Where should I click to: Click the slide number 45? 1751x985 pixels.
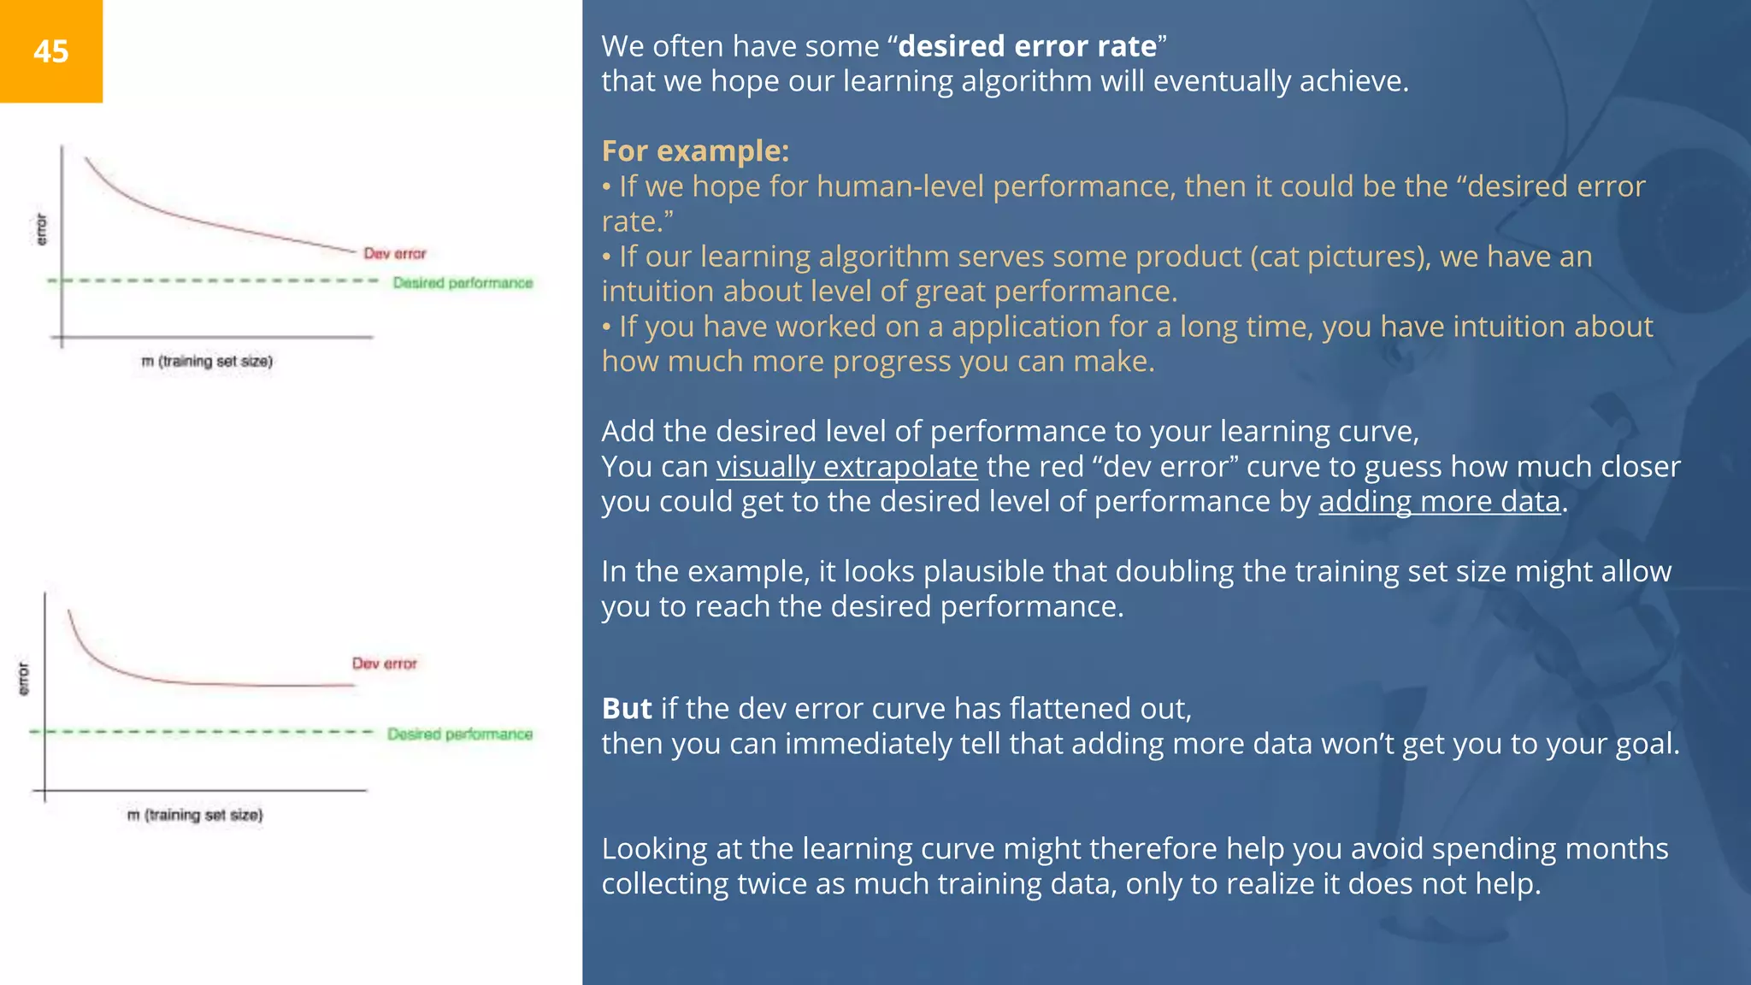click(51, 51)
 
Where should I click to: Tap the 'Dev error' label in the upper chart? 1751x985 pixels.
click(394, 253)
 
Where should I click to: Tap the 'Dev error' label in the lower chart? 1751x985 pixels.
click(384, 664)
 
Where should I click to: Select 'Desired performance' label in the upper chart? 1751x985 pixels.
click(463, 283)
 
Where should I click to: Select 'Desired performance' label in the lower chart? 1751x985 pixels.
click(459, 734)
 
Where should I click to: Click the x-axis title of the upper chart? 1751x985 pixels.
click(207, 362)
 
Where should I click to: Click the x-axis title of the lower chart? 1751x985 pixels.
click(195, 815)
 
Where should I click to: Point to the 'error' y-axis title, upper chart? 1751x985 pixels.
click(41, 229)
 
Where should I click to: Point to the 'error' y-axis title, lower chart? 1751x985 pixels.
click(23, 678)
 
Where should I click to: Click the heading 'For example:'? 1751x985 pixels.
click(695, 150)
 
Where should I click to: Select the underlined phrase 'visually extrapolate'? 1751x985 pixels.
click(846, 467)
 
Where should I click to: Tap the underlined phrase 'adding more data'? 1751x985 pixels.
click(1439, 502)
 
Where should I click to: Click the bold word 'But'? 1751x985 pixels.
click(627, 709)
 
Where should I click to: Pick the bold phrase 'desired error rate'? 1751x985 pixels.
click(1027, 46)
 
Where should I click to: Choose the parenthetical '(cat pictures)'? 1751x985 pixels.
click(1340, 257)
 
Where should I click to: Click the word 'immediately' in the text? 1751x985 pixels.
click(870, 744)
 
